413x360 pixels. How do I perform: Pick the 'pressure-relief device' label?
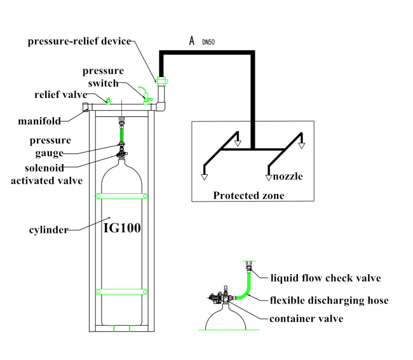click(79, 41)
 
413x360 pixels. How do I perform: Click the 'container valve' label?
click(306, 318)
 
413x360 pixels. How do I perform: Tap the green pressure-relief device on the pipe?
click(161, 81)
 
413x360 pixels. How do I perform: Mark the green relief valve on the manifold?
click(108, 100)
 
